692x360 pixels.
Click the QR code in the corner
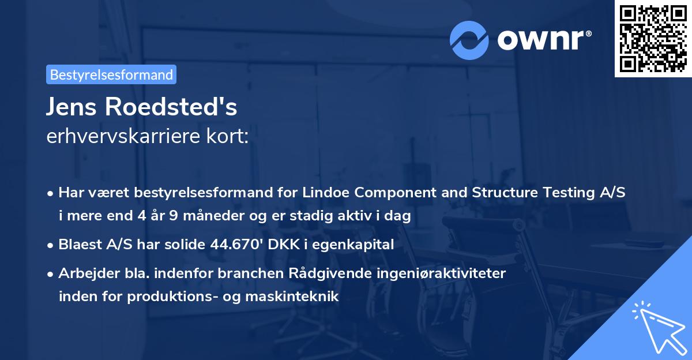point(653,39)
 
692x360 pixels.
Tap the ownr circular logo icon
point(469,40)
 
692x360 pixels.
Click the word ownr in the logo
point(543,40)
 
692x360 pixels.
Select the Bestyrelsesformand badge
point(111,74)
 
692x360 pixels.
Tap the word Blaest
point(79,245)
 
